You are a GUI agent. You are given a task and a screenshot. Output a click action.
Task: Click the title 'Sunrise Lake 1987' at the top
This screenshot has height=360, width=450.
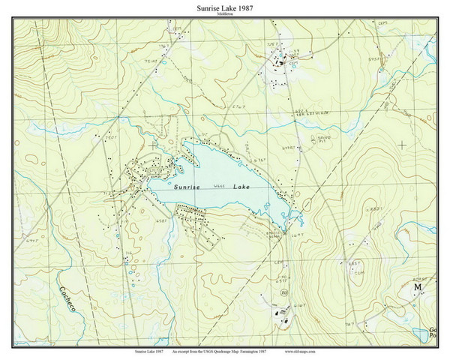pos(225,7)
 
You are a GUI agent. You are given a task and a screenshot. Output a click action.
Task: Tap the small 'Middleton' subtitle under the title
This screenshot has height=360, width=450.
pos(225,15)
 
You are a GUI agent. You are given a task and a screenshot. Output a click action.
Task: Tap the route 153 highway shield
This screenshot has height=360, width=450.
pos(283,292)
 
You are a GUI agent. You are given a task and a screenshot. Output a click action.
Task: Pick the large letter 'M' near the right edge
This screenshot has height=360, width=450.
pos(418,287)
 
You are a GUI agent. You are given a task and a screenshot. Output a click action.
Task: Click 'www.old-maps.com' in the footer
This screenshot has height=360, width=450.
pos(304,350)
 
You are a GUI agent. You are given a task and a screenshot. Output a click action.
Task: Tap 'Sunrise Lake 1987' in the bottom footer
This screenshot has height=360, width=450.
pos(151,350)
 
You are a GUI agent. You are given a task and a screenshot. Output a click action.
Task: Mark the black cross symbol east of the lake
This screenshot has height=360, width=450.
pos(402,144)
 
